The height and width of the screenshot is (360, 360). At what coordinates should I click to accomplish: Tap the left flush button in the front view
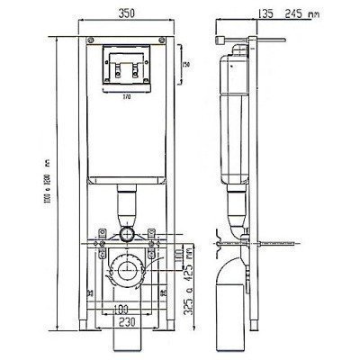coord(117,64)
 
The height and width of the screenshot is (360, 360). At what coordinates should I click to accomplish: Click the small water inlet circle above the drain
coord(127,236)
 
